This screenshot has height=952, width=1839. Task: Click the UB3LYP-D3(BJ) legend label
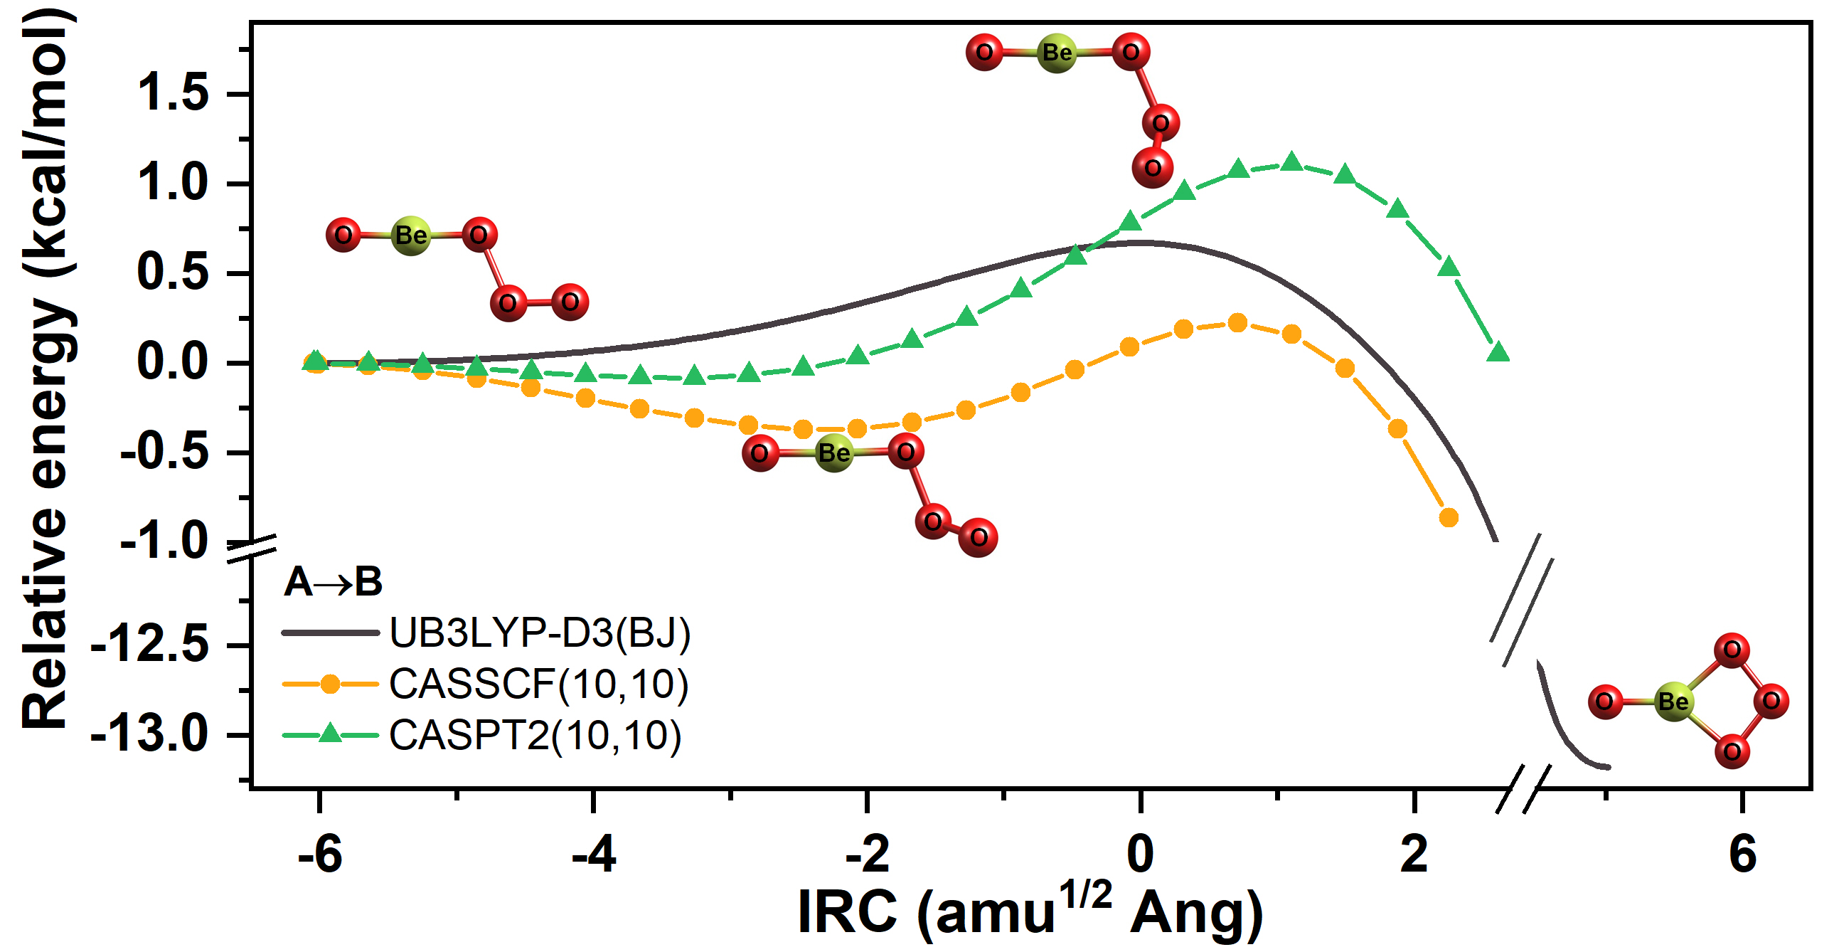coord(540,633)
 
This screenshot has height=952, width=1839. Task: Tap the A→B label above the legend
coord(334,582)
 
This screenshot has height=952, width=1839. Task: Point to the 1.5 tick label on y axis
coord(173,93)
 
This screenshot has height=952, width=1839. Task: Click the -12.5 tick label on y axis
coord(150,645)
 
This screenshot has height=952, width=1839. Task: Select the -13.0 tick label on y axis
coord(150,735)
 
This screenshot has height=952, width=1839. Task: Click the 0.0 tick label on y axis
coord(173,363)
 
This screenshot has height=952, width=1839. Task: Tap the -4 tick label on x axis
coord(593,854)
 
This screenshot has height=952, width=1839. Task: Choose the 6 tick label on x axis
coord(1742,854)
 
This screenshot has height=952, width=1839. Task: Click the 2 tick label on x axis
coord(1414,854)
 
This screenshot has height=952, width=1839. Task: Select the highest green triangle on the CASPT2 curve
coord(1291,162)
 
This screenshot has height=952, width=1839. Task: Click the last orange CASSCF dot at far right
coord(1449,518)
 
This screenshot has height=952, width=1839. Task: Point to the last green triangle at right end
coord(1498,352)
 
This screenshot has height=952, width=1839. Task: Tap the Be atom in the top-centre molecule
coord(1057,53)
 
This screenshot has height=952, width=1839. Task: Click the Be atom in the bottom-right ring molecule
coord(1673,702)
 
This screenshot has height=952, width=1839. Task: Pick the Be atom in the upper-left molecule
coord(411,235)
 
